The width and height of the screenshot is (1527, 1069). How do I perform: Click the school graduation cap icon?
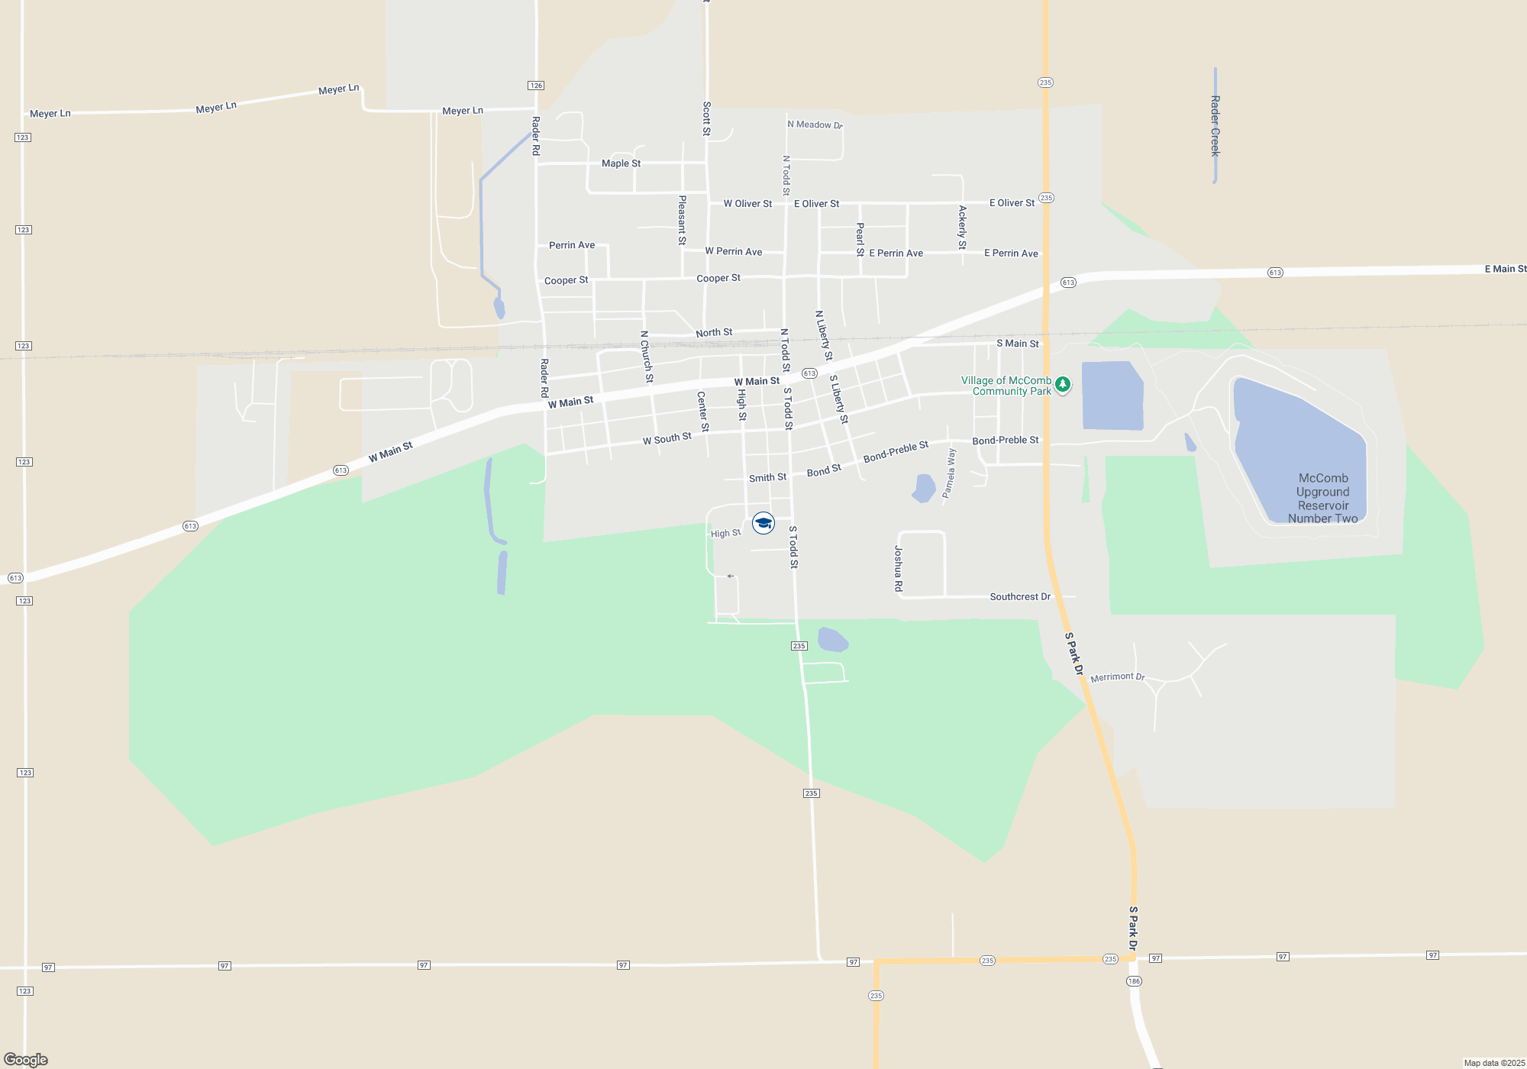[763, 523]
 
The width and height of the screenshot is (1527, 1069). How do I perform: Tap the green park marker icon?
[1062, 384]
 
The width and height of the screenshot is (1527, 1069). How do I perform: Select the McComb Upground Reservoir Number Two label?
[1323, 498]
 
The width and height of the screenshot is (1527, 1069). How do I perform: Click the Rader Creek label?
[1215, 126]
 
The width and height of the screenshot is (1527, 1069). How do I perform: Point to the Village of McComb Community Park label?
[1006, 386]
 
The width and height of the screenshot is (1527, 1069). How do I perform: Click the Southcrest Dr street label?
[1020, 597]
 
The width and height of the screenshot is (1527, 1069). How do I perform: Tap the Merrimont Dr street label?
[1118, 677]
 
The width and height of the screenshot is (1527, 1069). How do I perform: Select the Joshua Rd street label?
[899, 569]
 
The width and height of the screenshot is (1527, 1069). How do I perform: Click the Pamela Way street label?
[949, 473]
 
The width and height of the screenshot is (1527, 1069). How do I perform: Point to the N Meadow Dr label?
[815, 124]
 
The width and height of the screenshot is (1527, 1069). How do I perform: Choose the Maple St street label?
[621, 163]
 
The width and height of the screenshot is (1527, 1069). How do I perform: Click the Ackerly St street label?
[962, 228]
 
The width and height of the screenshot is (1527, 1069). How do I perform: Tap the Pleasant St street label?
[683, 220]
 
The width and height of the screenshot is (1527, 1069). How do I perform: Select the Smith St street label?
[767, 478]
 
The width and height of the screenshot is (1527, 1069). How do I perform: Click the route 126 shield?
[536, 86]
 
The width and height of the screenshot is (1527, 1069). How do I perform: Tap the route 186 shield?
[1134, 981]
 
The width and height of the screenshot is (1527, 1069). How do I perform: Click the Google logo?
[26, 1060]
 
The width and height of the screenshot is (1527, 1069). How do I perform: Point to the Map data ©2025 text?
[1494, 1063]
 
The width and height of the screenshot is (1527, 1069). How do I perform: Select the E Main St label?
[1505, 269]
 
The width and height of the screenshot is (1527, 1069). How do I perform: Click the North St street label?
[714, 333]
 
